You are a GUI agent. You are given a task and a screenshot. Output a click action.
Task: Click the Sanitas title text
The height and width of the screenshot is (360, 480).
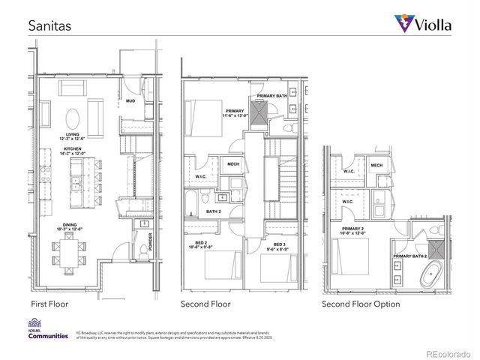coord(49,25)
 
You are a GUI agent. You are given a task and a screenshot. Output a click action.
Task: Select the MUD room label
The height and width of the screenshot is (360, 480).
coord(130,100)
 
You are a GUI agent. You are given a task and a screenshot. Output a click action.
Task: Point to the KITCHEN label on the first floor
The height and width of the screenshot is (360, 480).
coord(73,150)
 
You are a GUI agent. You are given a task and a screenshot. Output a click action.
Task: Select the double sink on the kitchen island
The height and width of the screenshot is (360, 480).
coord(76,182)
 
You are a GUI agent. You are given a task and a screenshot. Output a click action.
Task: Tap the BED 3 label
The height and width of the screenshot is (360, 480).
coord(279,244)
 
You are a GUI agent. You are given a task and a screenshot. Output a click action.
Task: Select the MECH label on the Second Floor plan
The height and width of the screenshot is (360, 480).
coord(232,164)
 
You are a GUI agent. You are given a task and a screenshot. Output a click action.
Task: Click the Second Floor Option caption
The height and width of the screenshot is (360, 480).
coord(361,304)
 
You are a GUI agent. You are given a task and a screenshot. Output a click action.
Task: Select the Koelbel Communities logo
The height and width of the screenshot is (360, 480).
coord(48,332)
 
